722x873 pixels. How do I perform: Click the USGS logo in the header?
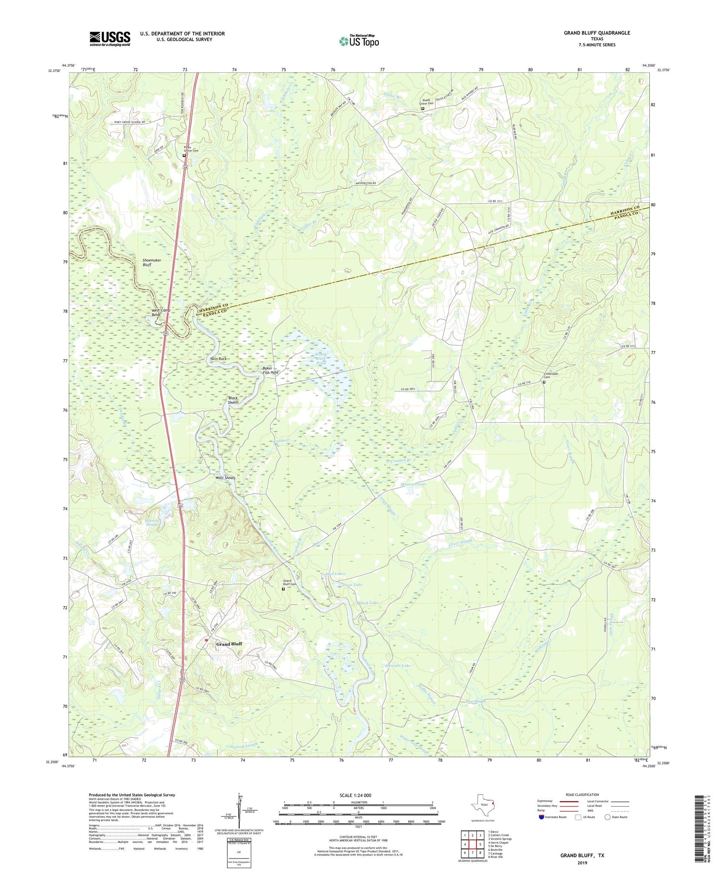[110, 39]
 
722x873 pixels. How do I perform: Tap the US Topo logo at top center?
[359, 41]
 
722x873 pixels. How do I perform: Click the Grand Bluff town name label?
[229, 644]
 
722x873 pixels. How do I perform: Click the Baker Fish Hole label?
[270, 371]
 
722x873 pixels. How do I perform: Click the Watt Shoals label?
[225, 478]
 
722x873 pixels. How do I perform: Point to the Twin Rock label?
[218, 359]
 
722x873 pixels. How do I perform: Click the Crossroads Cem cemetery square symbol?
[544, 382]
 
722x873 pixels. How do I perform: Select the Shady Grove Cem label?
[426, 102]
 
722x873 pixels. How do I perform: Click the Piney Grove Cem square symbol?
[184, 156]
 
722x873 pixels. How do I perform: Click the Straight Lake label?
[398, 665]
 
